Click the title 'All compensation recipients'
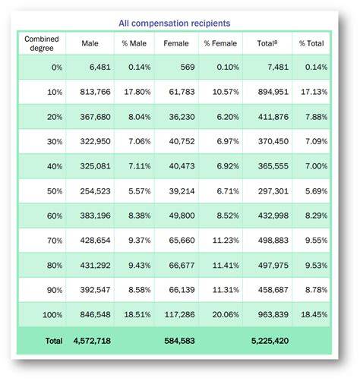click(175, 24)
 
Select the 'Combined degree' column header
click(42, 43)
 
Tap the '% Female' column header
click(220, 43)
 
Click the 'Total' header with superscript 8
click(267, 43)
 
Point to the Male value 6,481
click(100, 67)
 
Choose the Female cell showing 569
click(188, 67)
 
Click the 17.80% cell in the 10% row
click(137, 92)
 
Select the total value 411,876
click(273, 117)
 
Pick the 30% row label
click(55, 141)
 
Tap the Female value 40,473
click(182, 166)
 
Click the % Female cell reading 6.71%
click(228, 191)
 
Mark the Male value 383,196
click(95, 216)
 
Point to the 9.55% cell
click(316, 240)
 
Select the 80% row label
click(55, 266)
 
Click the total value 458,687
click(273, 290)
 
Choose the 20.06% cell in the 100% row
click(226, 314)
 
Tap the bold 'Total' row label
click(54, 341)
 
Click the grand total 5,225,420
click(270, 341)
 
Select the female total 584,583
click(179, 341)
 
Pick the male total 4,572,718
click(92, 341)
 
